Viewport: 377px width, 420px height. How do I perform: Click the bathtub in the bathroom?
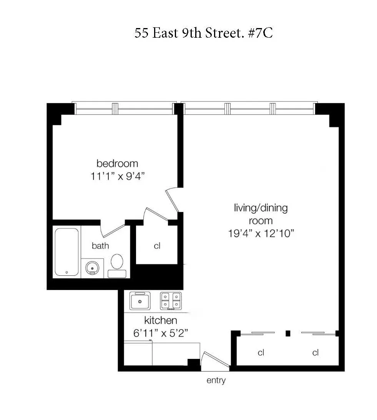tap(67, 252)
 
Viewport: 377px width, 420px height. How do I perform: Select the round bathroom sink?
tap(92, 267)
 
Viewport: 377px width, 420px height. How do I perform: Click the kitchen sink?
tap(140, 300)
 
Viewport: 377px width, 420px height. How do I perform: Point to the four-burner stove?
tap(171, 300)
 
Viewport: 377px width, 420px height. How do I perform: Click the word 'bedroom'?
tap(117, 163)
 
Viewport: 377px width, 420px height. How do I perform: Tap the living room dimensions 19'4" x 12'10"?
tap(261, 233)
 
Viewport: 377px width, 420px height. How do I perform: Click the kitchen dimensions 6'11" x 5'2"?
tap(160, 333)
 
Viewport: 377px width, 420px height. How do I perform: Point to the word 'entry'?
tap(216, 381)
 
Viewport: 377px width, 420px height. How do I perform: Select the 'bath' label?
tap(100, 246)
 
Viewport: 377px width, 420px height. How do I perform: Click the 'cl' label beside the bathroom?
tap(157, 246)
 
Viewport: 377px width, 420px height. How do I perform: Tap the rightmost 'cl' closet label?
tap(316, 352)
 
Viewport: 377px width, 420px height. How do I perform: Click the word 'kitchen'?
tap(160, 320)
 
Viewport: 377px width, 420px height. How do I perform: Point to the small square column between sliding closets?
tap(287, 333)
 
